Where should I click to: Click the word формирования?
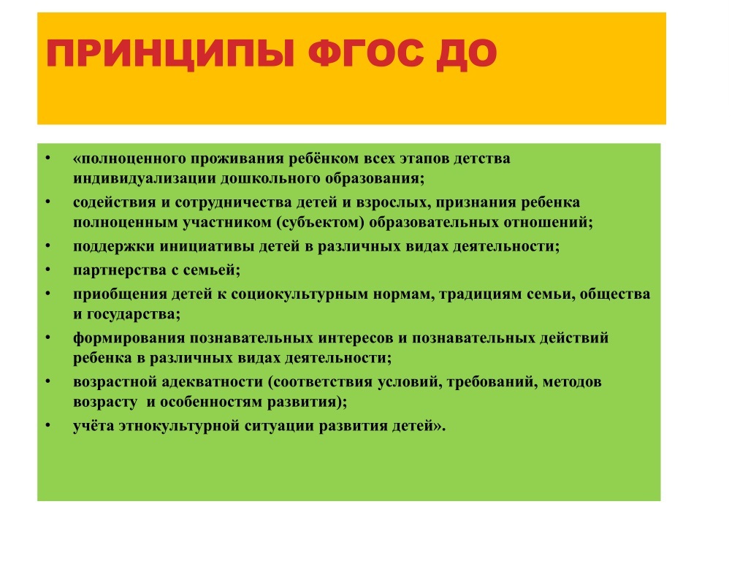(129, 338)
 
